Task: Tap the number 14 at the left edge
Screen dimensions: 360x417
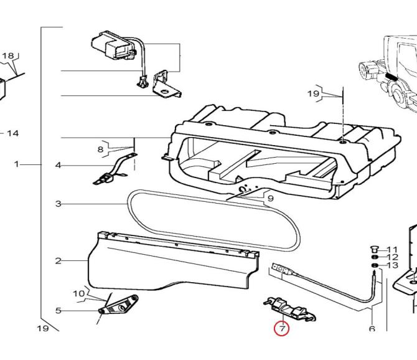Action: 12,133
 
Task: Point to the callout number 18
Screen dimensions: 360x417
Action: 7,56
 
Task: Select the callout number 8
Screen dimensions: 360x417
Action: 100,149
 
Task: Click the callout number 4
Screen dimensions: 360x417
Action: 58,166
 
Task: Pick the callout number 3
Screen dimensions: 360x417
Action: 58,204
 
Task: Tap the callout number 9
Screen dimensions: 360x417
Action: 270,199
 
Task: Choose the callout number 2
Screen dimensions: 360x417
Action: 58,260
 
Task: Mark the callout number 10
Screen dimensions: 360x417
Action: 78,293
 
